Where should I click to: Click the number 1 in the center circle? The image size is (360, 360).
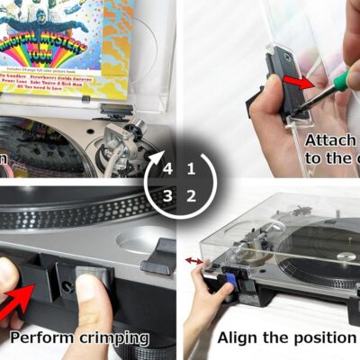[191, 168]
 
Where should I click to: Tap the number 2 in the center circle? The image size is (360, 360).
[191, 195]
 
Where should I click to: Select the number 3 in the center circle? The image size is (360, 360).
[167, 195]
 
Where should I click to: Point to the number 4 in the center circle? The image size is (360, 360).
[167, 168]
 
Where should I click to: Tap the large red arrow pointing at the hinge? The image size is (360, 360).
[20, 301]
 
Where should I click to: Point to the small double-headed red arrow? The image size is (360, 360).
[193, 262]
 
